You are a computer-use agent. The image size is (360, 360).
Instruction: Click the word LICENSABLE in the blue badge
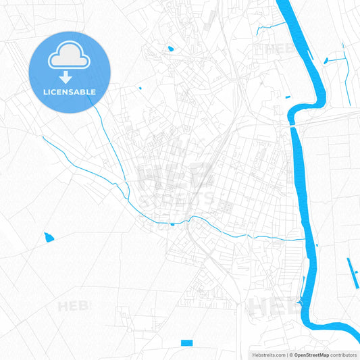(70, 92)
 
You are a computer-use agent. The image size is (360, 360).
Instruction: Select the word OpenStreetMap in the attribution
(311, 355)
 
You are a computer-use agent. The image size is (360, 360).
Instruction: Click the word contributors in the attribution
(344, 355)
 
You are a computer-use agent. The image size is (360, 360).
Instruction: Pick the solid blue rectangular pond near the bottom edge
(187, 343)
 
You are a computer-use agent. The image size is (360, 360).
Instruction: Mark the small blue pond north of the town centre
(170, 49)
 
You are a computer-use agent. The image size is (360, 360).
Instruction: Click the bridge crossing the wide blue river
(292, 124)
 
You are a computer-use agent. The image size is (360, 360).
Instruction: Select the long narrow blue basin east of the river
(352, 270)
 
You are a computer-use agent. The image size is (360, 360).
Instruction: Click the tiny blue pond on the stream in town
(172, 224)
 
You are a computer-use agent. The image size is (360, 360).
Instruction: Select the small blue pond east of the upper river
(326, 61)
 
